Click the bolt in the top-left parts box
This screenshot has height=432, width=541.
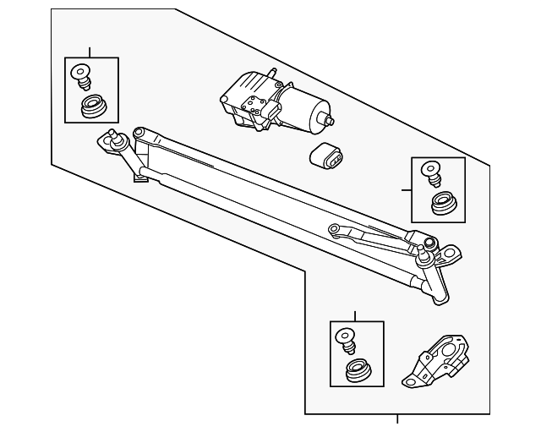[83, 75]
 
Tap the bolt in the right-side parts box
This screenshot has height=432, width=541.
[434, 173]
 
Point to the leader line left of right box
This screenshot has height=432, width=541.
[407, 190]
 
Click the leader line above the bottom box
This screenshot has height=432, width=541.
[355, 316]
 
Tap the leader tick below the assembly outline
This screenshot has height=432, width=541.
[397, 418]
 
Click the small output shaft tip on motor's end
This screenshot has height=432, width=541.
[331, 121]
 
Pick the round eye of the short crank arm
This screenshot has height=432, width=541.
[335, 227]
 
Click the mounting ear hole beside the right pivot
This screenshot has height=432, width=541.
[454, 252]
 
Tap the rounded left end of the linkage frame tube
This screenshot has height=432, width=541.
[139, 133]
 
